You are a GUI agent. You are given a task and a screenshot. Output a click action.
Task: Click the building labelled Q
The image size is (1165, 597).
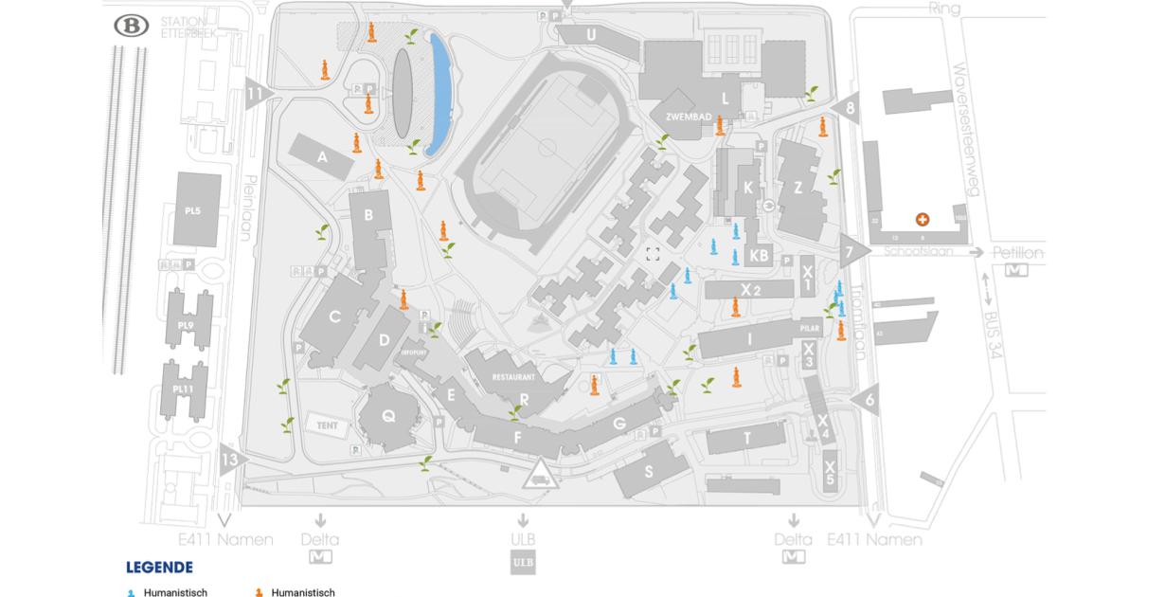point(387,415)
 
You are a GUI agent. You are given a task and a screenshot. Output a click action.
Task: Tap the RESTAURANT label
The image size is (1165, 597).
point(514,377)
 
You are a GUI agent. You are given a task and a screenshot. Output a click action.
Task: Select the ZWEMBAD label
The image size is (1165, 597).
point(689,116)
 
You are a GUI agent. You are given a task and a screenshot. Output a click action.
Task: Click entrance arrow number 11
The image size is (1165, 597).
point(256,93)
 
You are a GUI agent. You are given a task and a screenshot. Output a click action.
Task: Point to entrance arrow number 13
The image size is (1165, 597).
point(230,461)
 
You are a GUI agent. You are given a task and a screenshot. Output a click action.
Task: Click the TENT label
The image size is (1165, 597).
point(322,425)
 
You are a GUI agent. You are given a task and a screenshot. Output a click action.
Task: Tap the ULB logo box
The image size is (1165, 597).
point(522,562)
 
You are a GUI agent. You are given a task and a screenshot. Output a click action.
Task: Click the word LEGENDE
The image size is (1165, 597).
point(159,567)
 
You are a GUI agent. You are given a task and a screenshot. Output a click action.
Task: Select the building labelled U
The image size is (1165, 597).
point(590,35)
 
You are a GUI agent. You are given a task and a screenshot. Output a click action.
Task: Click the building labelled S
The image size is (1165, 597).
point(649,472)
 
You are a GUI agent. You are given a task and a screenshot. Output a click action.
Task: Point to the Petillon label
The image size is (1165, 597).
point(1018,253)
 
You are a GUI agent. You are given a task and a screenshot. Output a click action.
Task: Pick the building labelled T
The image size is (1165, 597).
point(747,438)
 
